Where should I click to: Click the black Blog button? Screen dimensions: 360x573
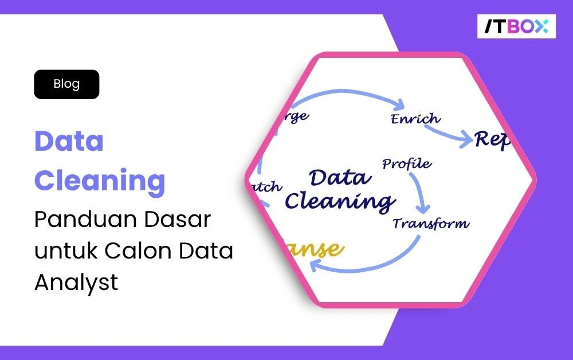66,84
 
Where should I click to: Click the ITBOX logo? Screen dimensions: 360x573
516,26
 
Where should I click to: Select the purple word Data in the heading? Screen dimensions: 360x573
69,141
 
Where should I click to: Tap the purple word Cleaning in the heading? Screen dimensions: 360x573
100,181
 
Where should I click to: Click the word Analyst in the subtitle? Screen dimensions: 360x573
76,282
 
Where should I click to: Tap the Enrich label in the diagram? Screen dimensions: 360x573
415,119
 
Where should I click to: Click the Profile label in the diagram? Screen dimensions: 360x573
407,164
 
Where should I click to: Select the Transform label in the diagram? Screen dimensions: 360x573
430,224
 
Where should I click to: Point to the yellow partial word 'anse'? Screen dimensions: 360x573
318,250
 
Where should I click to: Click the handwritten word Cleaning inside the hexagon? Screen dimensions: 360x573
340,201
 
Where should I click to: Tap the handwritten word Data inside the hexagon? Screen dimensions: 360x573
340,177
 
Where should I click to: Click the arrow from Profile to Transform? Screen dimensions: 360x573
421,192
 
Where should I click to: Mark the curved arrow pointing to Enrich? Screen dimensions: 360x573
344,93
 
